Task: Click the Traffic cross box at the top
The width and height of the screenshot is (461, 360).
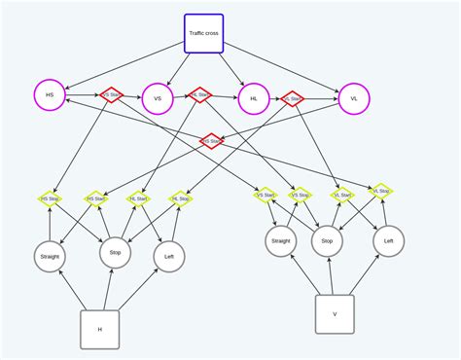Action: tap(203, 33)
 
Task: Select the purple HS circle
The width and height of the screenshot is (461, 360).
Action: tap(50, 95)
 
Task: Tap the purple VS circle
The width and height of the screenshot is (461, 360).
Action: tap(157, 98)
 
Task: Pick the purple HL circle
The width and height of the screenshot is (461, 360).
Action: tap(254, 98)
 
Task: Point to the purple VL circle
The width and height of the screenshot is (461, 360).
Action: tap(354, 98)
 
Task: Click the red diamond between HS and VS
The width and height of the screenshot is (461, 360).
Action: tap(112, 95)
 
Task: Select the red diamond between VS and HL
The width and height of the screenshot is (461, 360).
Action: tap(199, 95)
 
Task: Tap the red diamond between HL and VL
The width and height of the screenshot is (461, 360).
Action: tap(292, 98)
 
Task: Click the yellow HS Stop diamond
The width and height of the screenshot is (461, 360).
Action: tap(50, 198)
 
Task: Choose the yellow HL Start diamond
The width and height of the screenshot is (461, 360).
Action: tap(138, 198)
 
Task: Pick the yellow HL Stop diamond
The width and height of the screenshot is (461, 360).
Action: tap(181, 198)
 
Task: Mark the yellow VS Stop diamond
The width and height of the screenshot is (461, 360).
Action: tap(301, 195)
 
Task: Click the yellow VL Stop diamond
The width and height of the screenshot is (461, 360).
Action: tap(381, 192)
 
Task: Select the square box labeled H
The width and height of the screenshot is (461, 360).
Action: tap(99, 329)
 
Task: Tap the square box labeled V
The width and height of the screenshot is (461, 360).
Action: tap(335, 314)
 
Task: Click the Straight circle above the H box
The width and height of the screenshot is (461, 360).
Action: tap(50, 256)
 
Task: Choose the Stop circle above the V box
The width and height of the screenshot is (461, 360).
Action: tap(327, 240)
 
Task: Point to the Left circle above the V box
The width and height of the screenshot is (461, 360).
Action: tap(388, 240)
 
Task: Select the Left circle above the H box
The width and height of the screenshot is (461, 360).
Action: tap(169, 256)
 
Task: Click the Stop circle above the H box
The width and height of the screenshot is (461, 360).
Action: tap(115, 251)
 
